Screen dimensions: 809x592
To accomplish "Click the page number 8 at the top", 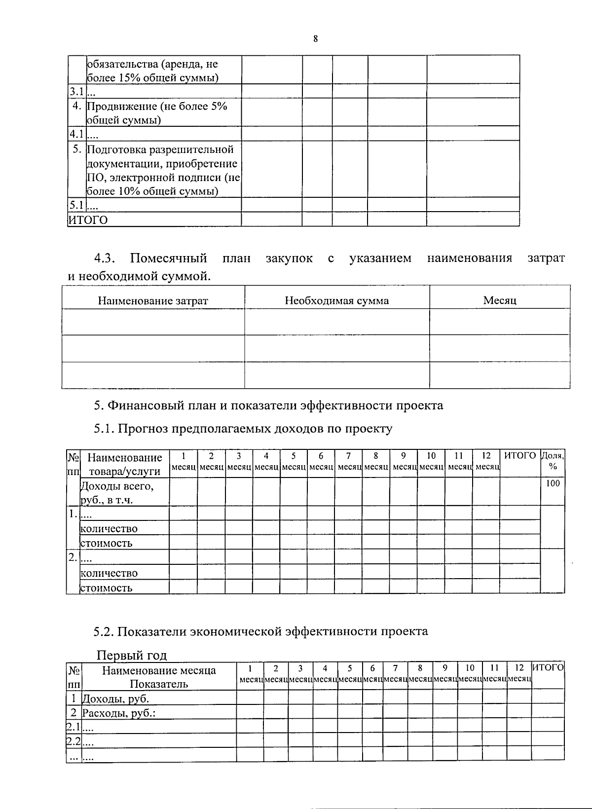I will click(x=315, y=39).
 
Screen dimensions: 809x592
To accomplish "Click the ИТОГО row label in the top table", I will click(x=88, y=220).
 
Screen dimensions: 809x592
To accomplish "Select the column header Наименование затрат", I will click(x=153, y=300).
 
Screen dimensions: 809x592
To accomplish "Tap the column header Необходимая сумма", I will click(x=336, y=300).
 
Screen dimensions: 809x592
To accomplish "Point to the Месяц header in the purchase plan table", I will click(x=499, y=300).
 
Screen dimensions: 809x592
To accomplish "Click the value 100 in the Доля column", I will click(x=553, y=483).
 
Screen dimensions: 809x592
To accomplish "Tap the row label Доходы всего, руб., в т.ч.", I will click(x=117, y=492).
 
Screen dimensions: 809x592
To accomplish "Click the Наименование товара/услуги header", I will click(x=124, y=464).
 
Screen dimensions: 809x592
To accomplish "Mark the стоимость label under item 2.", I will click(x=106, y=588).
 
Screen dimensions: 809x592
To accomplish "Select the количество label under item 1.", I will click(x=109, y=528).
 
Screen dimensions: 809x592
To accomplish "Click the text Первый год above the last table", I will click(x=131, y=655).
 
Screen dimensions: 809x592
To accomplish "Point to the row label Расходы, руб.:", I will click(x=118, y=713).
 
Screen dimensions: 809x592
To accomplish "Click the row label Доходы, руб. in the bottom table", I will click(x=115, y=699).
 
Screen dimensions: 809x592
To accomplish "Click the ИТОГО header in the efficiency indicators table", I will click(x=548, y=668).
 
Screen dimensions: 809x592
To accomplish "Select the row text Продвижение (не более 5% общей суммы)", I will click(x=157, y=113).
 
